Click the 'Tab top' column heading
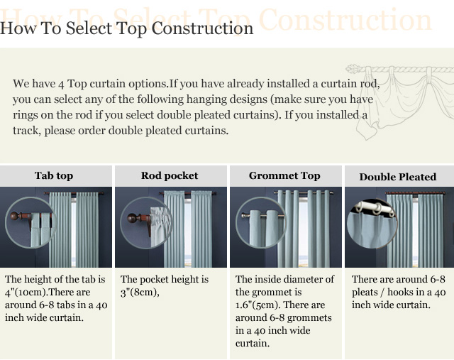[x=54, y=175]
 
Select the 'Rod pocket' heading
[x=170, y=175]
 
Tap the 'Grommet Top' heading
[x=284, y=175]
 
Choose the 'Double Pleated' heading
[x=398, y=177]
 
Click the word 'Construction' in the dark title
[x=202, y=28]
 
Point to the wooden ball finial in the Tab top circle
[x=14, y=216]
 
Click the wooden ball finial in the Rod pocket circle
[x=132, y=218]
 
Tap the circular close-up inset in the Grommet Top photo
[x=261, y=223]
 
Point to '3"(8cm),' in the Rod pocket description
[x=140, y=292]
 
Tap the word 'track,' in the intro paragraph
[x=27, y=131]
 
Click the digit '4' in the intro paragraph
[x=61, y=84]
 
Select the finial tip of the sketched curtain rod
[x=349, y=69]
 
